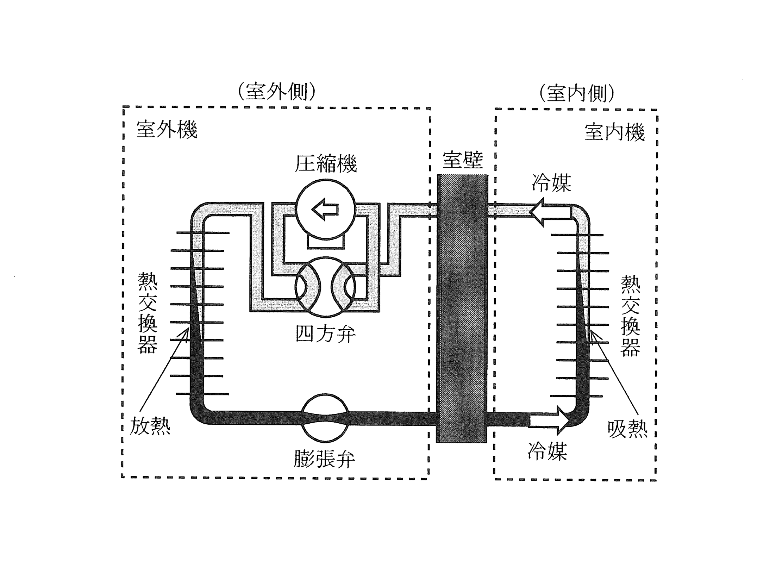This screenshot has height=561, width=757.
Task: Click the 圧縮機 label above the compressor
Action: pyautogui.click(x=326, y=163)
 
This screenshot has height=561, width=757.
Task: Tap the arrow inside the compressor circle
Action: pyautogui.click(x=325, y=210)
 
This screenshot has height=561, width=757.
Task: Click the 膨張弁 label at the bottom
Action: pyautogui.click(x=324, y=458)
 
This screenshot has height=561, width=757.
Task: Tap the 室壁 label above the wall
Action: pyautogui.click(x=463, y=160)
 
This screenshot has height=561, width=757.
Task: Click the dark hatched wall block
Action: pyautogui.click(x=462, y=308)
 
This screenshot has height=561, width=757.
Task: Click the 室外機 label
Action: pyautogui.click(x=167, y=130)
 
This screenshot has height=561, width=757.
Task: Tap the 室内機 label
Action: pyautogui.click(x=615, y=132)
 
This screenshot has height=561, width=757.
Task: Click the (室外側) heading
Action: pyautogui.click(x=277, y=92)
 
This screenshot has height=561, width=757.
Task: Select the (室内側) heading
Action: pyautogui.click(x=577, y=93)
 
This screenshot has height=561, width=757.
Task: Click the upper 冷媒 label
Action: pyautogui.click(x=551, y=183)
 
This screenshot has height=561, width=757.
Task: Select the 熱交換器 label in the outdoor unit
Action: pyautogui.click(x=147, y=312)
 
